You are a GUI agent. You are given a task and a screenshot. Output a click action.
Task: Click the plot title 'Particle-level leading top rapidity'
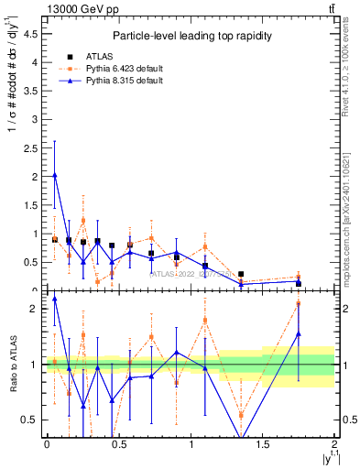point(189,36)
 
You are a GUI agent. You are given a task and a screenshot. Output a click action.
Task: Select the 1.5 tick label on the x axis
point(263,443)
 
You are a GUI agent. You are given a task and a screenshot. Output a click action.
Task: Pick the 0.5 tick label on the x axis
point(118,443)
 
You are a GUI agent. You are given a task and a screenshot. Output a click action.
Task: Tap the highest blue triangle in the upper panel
point(55,174)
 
